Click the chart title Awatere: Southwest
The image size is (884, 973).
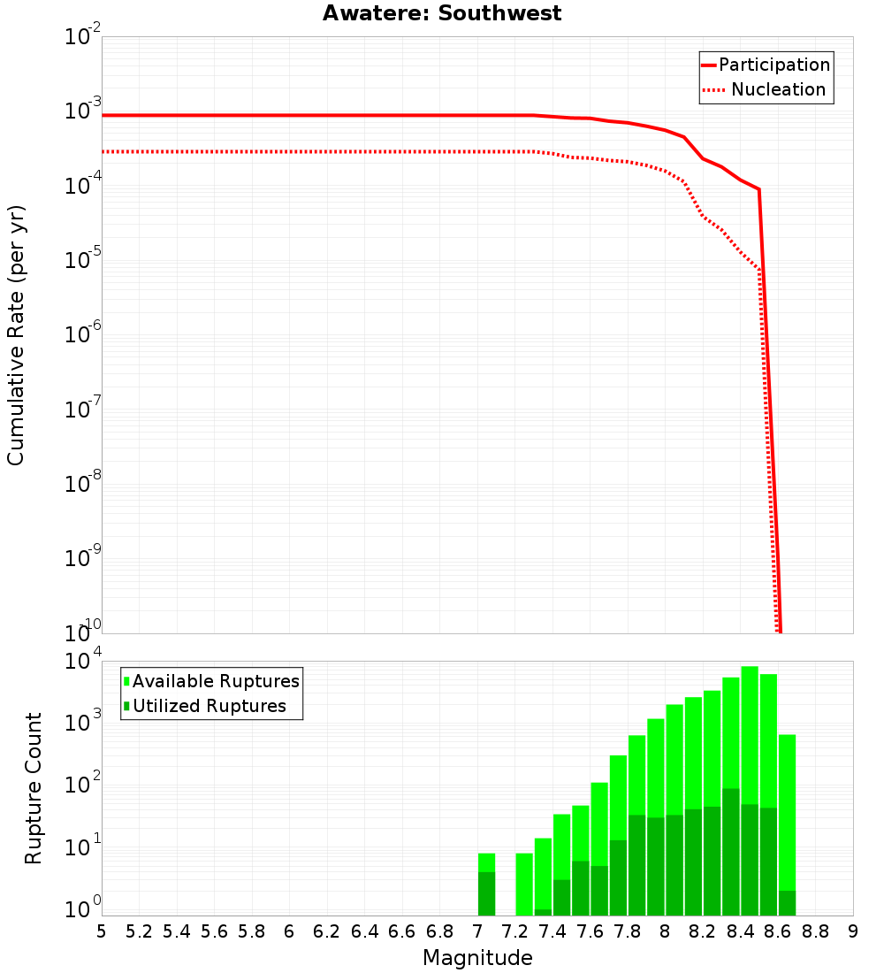click(442, 13)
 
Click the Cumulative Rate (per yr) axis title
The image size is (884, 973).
click(17, 334)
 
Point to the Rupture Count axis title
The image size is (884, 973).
click(34, 787)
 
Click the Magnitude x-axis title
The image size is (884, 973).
click(477, 957)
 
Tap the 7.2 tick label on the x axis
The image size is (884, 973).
click(515, 931)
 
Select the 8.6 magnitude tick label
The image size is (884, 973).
click(778, 931)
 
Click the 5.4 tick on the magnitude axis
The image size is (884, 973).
click(177, 931)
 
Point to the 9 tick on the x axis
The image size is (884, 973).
click(853, 931)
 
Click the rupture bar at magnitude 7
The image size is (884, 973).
click(486, 885)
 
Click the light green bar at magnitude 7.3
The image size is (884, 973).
click(524, 885)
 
